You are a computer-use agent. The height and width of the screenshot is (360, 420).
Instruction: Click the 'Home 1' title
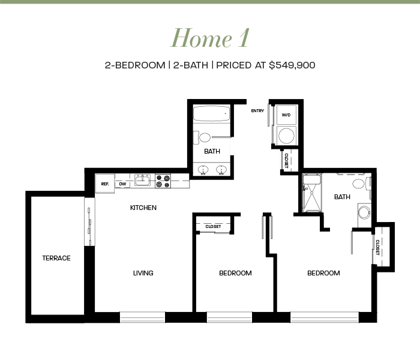tap(210, 38)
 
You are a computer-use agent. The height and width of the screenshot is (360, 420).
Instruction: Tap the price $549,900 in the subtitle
tap(292, 65)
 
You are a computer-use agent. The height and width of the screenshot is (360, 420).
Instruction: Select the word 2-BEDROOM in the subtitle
tap(135, 65)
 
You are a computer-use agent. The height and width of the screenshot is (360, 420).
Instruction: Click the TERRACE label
tap(56, 258)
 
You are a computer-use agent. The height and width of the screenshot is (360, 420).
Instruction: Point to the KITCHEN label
tap(143, 208)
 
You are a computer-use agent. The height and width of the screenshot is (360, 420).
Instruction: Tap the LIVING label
tap(143, 273)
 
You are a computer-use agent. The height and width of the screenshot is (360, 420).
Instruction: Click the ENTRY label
tap(257, 110)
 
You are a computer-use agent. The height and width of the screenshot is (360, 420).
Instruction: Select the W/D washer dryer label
tap(286, 115)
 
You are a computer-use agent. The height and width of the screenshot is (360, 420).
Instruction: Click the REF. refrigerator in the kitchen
tap(105, 184)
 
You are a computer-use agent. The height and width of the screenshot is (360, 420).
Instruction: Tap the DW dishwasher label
tap(122, 184)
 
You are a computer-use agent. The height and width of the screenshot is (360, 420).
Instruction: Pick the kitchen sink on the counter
tap(143, 180)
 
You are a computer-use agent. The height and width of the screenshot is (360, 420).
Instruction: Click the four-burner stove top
tap(163, 181)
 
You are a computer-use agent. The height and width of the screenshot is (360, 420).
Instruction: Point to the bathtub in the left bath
tap(212, 113)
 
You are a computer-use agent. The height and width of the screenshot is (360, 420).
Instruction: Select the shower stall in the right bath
tap(312, 193)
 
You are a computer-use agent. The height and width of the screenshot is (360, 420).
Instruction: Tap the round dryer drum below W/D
tap(287, 136)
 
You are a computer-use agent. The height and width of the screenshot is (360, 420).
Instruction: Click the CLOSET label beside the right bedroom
tap(377, 247)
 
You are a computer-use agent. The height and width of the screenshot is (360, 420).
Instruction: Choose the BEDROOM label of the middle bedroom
tap(235, 273)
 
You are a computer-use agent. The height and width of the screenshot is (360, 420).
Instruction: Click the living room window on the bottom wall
tap(142, 317)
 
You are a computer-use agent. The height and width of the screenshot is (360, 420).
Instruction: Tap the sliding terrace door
tap(90, 221)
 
